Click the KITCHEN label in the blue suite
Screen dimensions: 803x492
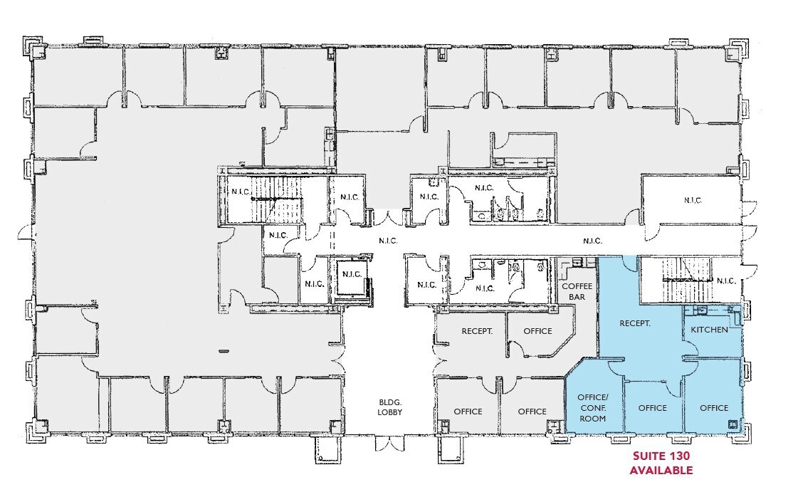(709, 330)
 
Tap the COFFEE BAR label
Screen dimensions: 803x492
(577, 291)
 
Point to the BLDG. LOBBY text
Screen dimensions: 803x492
(389, 407)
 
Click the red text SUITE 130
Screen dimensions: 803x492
(661, 456)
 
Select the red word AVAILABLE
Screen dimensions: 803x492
(661, 470)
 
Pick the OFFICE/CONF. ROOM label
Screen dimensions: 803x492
(593, 407)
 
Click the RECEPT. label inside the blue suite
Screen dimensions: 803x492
(635, 323)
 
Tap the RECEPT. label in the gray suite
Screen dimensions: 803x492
(477, 331)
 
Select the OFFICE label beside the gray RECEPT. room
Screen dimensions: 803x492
(537, 331)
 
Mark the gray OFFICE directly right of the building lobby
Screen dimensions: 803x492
(468, 412)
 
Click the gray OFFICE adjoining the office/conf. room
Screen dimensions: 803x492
(532, 412)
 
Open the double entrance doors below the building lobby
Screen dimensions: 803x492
(389, 444)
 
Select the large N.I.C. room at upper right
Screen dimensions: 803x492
(693, 200)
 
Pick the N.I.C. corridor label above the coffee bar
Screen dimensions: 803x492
(592, 241)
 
